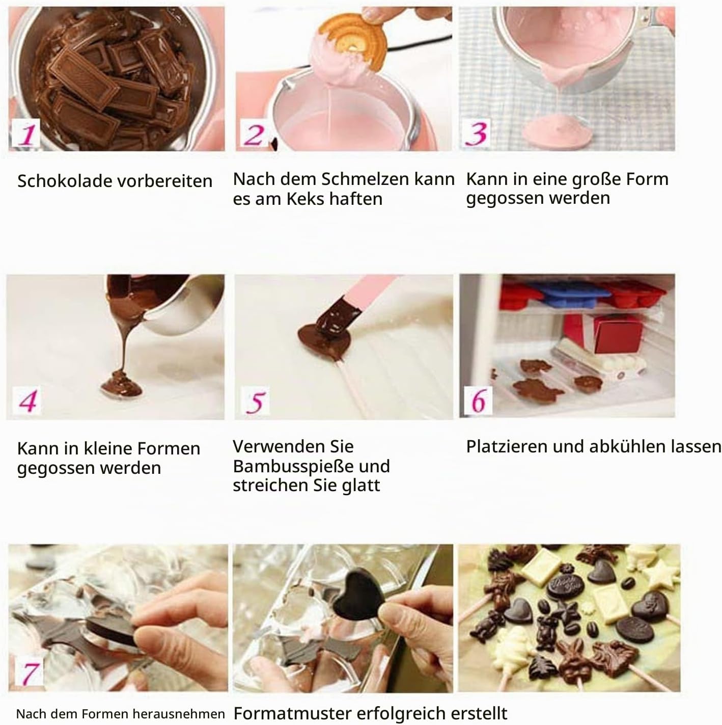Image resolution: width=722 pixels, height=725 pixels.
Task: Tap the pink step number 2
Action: coord(254,135)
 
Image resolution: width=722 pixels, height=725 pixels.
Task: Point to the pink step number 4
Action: coord(27,400)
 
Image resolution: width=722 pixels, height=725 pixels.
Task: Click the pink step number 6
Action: coord(478,400)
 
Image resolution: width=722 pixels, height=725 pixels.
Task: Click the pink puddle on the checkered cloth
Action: coord(558,130)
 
